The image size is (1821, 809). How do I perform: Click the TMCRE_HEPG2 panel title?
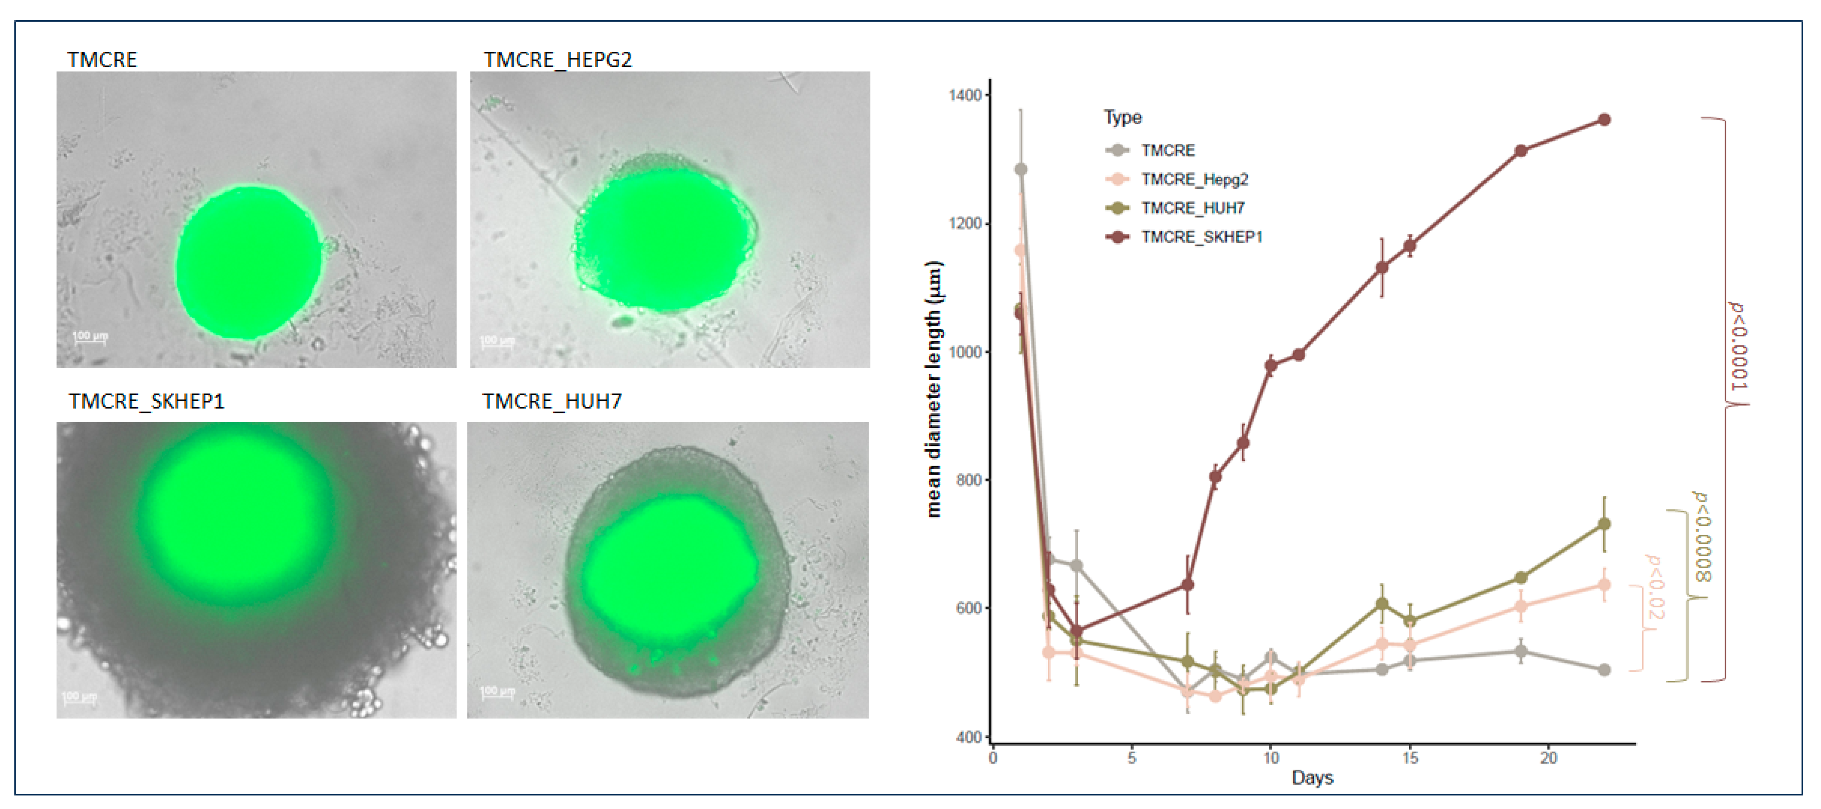(557, 60)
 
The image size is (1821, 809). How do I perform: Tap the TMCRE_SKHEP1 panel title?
(146, 402)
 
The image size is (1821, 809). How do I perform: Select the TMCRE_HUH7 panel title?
(552, 402)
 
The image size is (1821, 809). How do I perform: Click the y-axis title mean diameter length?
(934, 389)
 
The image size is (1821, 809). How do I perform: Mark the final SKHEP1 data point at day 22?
(1604, 120)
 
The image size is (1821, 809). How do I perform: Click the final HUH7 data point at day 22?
(1604, 524)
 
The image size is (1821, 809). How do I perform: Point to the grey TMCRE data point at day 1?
(1020, 169)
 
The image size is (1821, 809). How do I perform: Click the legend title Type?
(1123, 118)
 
